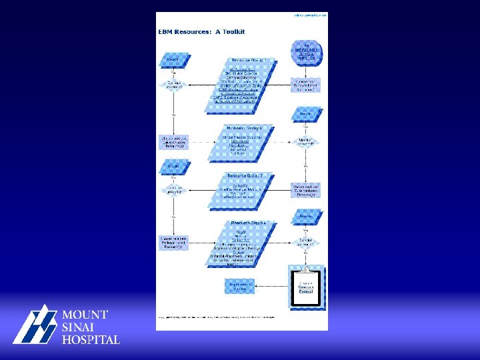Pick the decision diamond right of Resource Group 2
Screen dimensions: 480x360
pyautogui.click(x=306, y=141)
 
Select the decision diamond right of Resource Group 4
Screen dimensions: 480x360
pyautogui.click(x=306, y=241)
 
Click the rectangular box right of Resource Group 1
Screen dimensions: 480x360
pyautogui.click(x=306, y=85)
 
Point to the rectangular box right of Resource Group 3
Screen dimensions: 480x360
pyautogui.click(x=306, y=189)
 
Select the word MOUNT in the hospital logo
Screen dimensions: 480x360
pyautogui.click(x=85, y=315)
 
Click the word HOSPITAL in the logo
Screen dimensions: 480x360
pyautogui.click(x=91, y=339)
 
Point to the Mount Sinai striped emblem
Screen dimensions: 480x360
pyautogui.click(x=35, y=325)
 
